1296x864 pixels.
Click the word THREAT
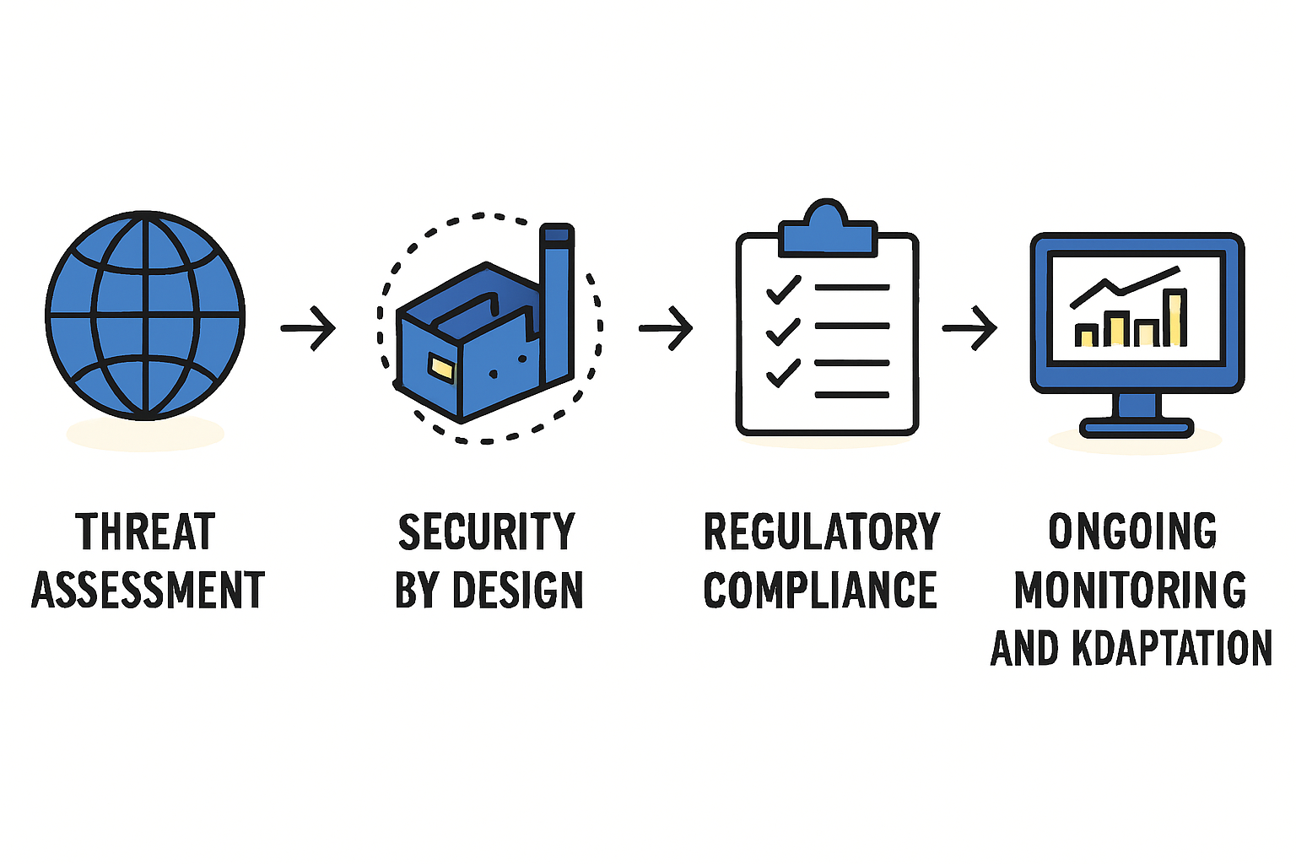(x=145, y=531)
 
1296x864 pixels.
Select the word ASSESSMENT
(x=148, y=589)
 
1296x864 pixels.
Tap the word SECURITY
(x=487, y=531)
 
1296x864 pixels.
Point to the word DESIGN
(x=517, y=589)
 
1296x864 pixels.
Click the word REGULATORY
(x=822, y=531)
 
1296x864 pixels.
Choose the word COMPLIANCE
(x=820, y=589)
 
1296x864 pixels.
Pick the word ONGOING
(x=1132, y=531)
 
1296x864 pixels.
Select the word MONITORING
(x=1130, y=589)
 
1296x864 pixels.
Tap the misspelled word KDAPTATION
(x=1172, y=647)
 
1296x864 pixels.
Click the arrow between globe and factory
(x=308, y=328)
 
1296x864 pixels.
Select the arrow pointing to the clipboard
(x=666, y=328)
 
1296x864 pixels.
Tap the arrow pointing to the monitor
(x=969, y=328)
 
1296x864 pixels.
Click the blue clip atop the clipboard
(x=828, y=228)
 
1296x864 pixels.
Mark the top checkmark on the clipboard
(x=783, y=289)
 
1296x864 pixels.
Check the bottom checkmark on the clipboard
(x=783, y=373)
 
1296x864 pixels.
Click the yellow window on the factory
(x=441, y=368)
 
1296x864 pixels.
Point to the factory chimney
(x=557, y=303)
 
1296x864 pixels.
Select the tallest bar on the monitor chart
(x=1175, y=317)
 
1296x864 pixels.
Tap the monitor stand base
(x=1137, y=429)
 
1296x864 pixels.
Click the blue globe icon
(x=145, y=316)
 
